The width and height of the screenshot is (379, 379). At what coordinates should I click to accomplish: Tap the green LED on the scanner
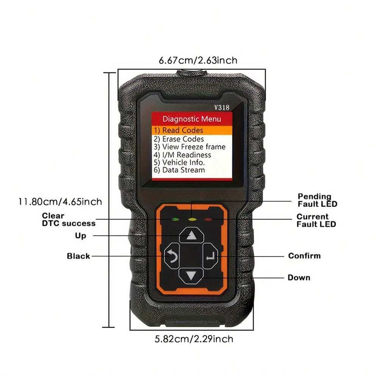(175, 219)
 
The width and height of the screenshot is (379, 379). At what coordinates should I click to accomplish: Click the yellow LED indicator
(192, 219)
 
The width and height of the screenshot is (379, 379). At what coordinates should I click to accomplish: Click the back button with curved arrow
(172, 256)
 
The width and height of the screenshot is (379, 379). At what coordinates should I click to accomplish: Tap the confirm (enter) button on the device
(210, 256)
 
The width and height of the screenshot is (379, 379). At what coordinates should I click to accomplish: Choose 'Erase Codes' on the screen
(179, 139)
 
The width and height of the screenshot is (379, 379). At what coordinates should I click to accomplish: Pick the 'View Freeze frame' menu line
(189, 147)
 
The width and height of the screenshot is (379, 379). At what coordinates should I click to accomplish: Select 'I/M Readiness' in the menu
(182, 155)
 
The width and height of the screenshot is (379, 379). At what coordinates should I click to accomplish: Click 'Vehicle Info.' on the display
(179, 163)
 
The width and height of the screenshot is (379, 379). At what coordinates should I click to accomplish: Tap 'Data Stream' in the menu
(179, 170)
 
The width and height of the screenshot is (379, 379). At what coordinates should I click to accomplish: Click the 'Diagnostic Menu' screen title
(192, 119)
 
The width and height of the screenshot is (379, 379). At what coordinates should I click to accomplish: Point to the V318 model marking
(222, 107)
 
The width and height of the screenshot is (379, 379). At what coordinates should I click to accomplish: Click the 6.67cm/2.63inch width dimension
(198, 60)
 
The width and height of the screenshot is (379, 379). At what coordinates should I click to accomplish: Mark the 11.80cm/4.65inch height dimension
(60, 202)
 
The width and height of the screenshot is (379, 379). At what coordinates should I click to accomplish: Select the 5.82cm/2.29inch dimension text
(194, 339)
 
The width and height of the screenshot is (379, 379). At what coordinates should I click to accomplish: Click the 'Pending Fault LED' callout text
(317, 200)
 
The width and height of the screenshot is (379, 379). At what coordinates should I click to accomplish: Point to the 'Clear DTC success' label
(69, 219)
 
